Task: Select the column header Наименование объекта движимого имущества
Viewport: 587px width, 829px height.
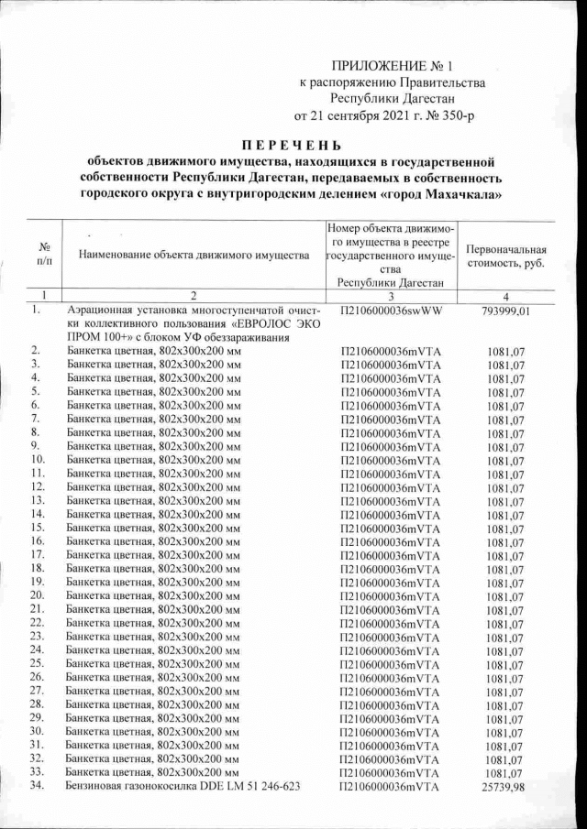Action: (x=194, y=255)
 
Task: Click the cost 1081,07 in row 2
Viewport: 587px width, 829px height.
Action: (x=505, y=351)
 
